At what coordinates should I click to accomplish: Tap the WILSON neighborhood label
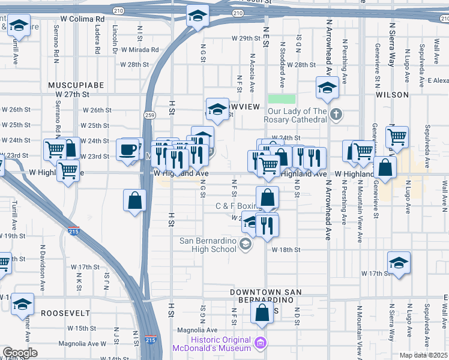point(392,95)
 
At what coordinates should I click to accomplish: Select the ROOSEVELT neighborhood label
point(65,313)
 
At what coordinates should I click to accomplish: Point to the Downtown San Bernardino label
point(265,295)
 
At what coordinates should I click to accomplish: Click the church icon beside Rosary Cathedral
point(336,113)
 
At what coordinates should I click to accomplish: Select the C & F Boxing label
point(236,206)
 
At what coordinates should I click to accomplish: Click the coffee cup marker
point(128,150)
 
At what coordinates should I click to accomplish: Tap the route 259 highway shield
point(149,114)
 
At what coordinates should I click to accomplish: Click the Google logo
point(20,353)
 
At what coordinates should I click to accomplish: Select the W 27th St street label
point(72,94)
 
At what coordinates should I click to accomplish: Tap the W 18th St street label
point(285,249)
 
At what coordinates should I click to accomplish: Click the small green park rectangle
point(282,98)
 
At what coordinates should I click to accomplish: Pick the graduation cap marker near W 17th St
point(399,263)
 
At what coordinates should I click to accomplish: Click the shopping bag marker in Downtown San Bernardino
point(262,312)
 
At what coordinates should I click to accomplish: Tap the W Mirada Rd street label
point(139,50)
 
